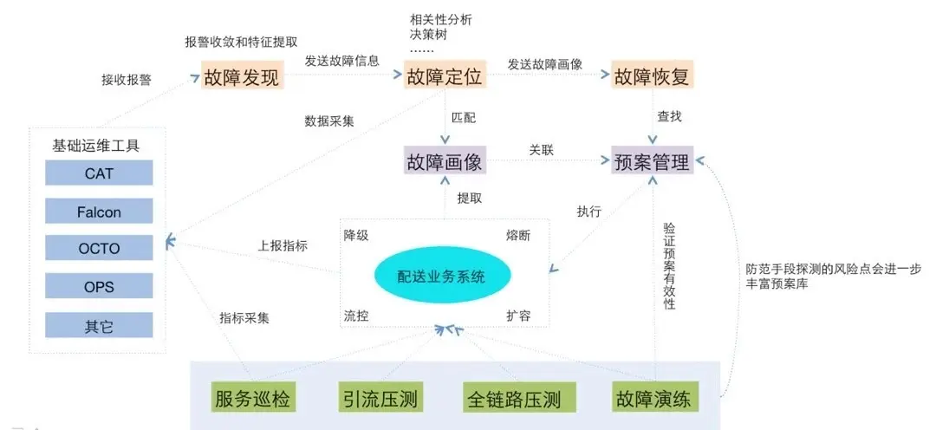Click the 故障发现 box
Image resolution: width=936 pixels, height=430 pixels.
click(x=242, y=76)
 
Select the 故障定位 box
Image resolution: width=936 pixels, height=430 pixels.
click(x=445, y=76)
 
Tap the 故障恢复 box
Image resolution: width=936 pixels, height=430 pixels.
click(x=652, y=76)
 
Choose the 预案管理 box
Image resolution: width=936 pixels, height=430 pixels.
click(x=652, y=161)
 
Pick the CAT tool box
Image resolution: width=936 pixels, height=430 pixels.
click(x=99, y=173)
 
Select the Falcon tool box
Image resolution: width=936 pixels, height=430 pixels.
click(x=99, y=212)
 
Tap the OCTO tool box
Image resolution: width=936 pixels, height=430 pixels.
click(x=99, y=249)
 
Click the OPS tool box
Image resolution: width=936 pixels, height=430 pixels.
click(x=99, y=287)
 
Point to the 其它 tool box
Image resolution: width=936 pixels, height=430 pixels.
click(x=99, y=326)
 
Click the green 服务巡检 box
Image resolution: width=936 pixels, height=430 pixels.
click(x=251, y=400)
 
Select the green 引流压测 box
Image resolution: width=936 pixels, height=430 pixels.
click(x=380, y=400)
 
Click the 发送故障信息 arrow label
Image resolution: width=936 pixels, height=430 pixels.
click(x=341, y=62)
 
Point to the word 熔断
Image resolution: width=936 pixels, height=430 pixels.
click(x=518, y=235)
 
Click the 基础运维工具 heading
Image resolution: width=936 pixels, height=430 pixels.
click(x=96, y=145)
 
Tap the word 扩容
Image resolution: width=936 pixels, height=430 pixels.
click(x=518, y=316)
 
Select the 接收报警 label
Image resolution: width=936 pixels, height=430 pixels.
click(x=127, y=80)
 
